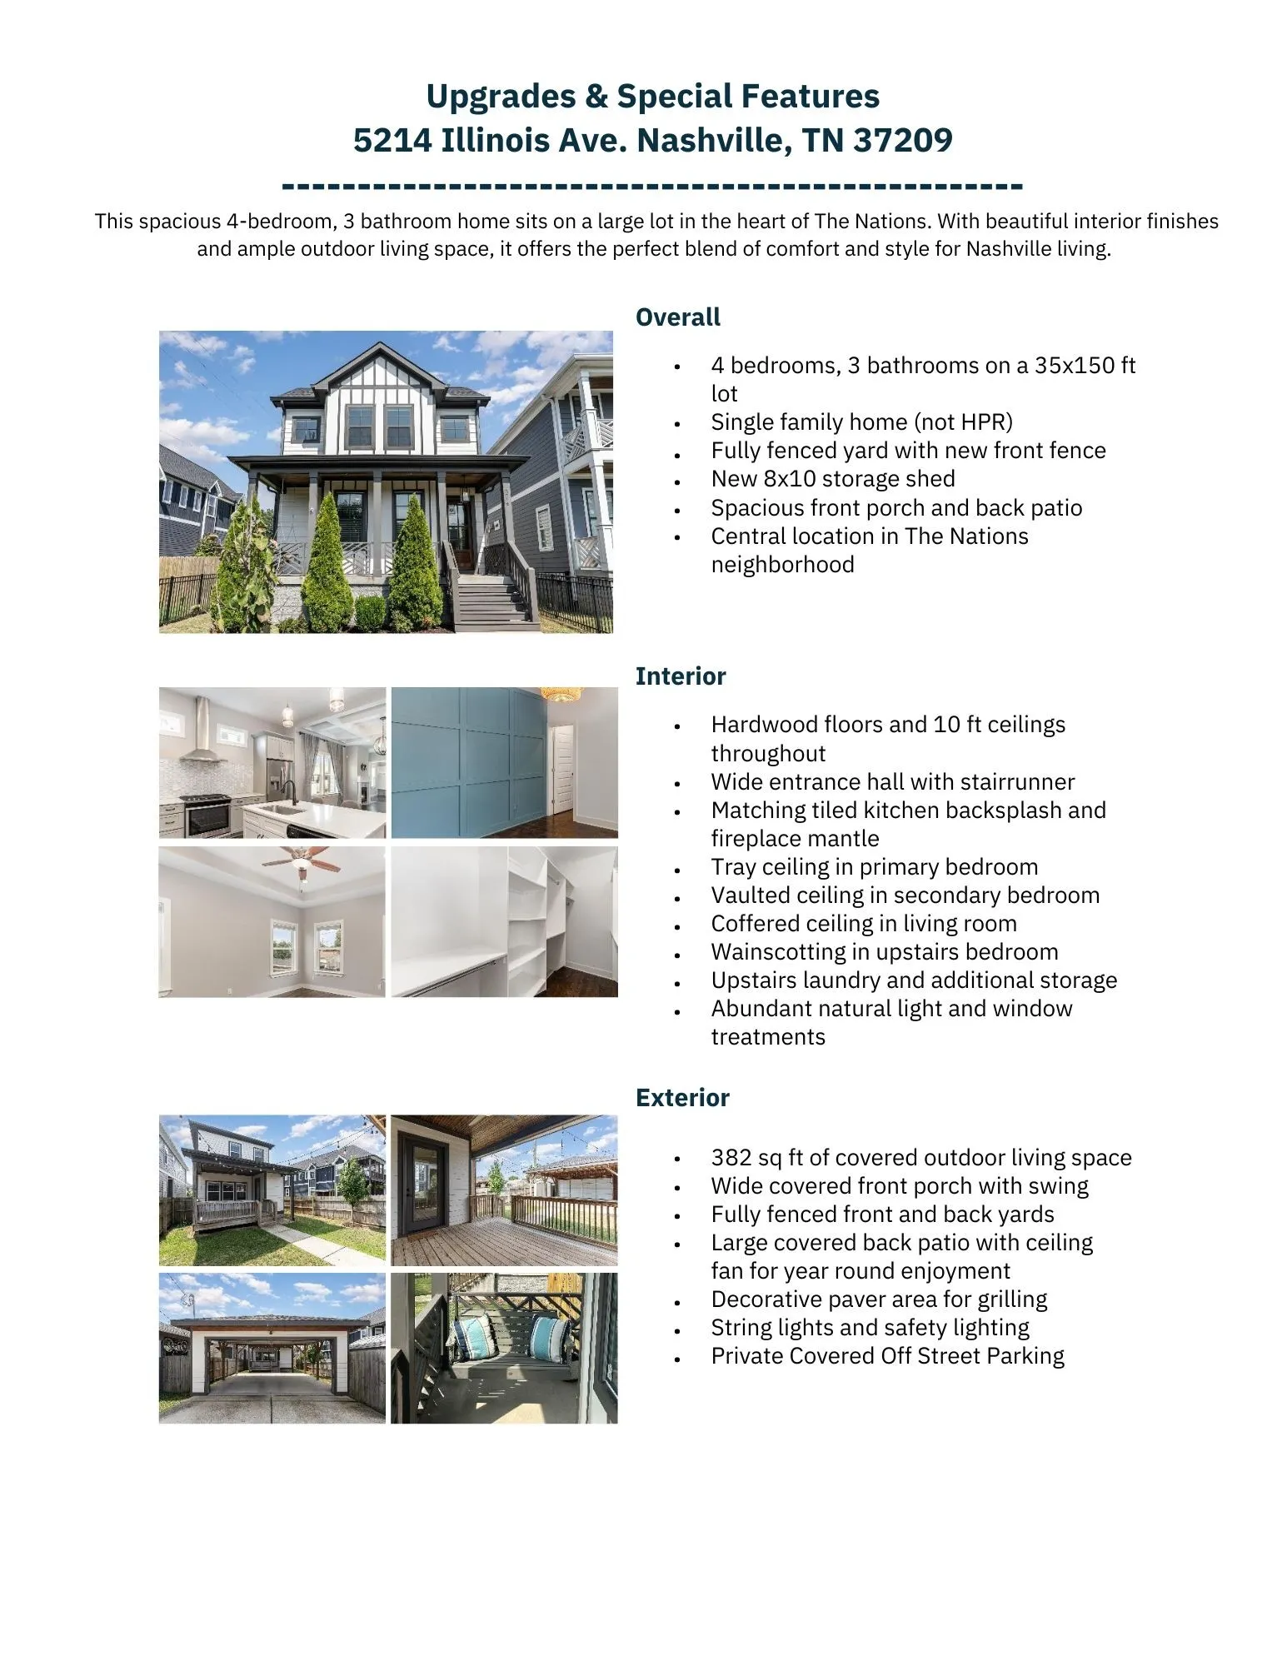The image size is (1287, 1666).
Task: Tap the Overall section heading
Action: (x=677, y=317)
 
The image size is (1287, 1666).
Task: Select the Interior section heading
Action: (x=680, y=676)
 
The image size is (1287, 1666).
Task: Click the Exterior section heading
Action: (x=681, y=1097)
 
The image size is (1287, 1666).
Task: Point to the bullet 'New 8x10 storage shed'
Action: (x=832, y=479)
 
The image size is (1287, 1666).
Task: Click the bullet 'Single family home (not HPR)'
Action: (x=861, y=422)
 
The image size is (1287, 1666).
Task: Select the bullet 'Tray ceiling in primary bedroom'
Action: (x=874, y=867)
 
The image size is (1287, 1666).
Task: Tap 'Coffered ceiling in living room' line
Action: (x=863, y=924)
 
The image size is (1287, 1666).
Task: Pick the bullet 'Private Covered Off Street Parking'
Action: (x=887, y=1356)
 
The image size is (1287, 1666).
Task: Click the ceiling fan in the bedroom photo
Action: (x=304, y=861)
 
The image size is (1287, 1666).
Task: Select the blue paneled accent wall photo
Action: (x=504, y=761)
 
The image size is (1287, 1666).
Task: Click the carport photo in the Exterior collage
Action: (x=272, y=1347)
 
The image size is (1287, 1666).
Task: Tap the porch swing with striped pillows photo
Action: (x=504, y=1347)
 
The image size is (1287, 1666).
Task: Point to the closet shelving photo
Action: (x=504, y=921)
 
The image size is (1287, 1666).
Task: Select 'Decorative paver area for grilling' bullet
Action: (x=878, y=1299)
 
